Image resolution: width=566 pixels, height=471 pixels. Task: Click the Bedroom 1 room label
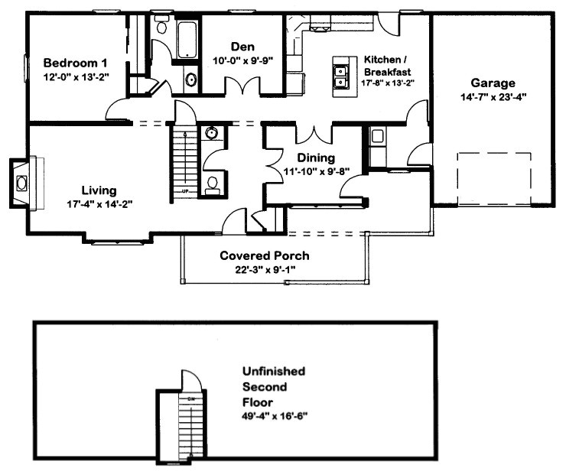(x=74, y=63)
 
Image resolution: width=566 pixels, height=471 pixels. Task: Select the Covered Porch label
(x=264, y=255)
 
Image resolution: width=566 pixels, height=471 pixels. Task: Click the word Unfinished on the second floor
(x=273, y=371)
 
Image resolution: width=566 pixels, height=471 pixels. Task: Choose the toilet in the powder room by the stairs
(x=213, y=184)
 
